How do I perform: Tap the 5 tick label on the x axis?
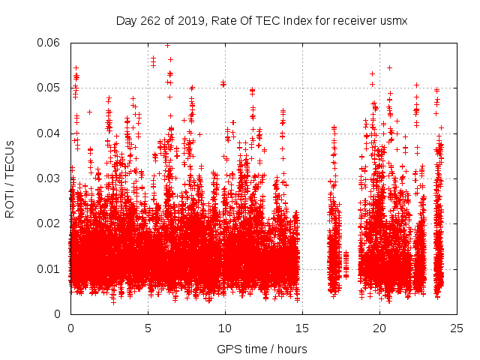[x=148, y=328]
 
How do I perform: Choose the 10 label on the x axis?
[x=225, y=328]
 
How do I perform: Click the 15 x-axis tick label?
[x=302, y=328]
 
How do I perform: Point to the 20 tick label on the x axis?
[x=380, y=328]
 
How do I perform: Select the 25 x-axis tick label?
[x=457, y=328]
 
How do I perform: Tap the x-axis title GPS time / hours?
[x=262, y=349]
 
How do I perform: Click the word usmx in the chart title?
[x=393, y=20]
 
